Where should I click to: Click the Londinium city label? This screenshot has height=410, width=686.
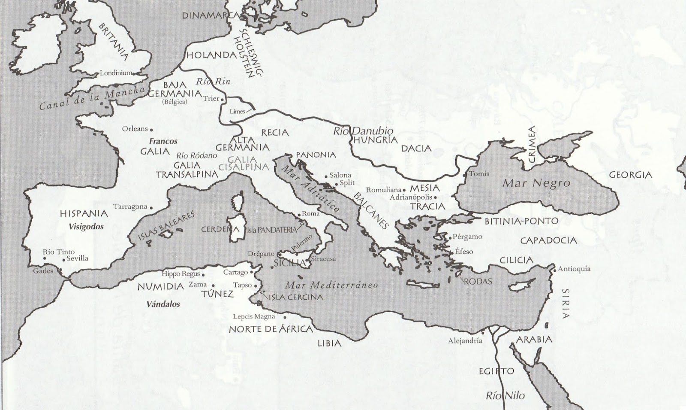116,73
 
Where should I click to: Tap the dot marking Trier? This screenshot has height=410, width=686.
223,100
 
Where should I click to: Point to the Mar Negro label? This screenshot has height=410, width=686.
536,183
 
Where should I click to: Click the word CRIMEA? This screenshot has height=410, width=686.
532,144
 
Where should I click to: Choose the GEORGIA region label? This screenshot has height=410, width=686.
631,175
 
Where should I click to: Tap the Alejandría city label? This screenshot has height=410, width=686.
465,341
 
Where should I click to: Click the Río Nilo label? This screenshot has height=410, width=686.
505,395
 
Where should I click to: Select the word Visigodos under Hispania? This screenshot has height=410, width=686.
86,227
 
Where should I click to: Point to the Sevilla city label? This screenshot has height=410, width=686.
77,258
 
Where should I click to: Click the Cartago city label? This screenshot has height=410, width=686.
235,272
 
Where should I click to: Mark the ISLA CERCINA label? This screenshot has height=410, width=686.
296,297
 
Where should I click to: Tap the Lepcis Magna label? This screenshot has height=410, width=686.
254,317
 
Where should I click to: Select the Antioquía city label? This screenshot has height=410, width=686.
574,269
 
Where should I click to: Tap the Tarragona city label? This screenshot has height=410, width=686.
130,207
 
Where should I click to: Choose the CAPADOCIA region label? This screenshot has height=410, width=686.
548,240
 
